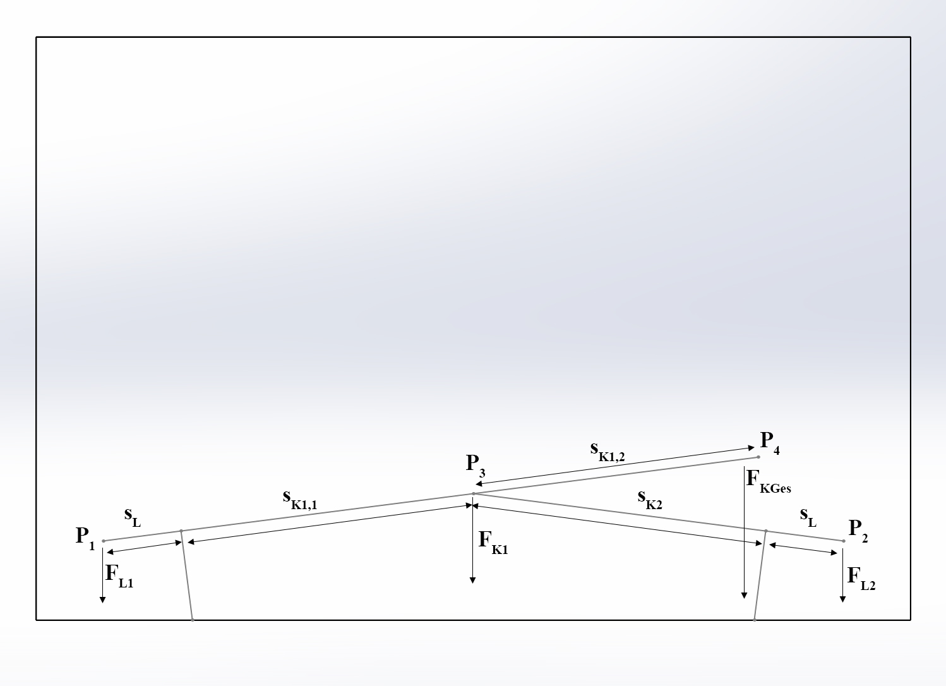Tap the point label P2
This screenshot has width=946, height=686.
point(858,531)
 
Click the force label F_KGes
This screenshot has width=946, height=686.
point(769,481)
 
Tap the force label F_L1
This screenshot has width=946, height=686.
point(119,576)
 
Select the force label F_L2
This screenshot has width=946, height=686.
point(861,579)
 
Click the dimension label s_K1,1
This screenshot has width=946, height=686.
point(300,500)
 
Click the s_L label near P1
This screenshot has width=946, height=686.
point(133,517)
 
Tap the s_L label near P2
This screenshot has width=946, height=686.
point(808,517)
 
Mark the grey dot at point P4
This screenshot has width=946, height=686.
point(758,457)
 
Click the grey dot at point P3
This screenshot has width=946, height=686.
point(474,493)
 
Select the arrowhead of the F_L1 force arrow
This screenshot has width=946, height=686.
point(102,600)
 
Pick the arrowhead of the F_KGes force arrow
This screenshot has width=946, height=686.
point(744,596)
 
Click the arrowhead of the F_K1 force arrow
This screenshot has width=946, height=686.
point(472,581)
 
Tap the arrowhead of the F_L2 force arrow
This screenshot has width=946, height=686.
point(842,599)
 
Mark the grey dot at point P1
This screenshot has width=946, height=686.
point(104,541)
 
